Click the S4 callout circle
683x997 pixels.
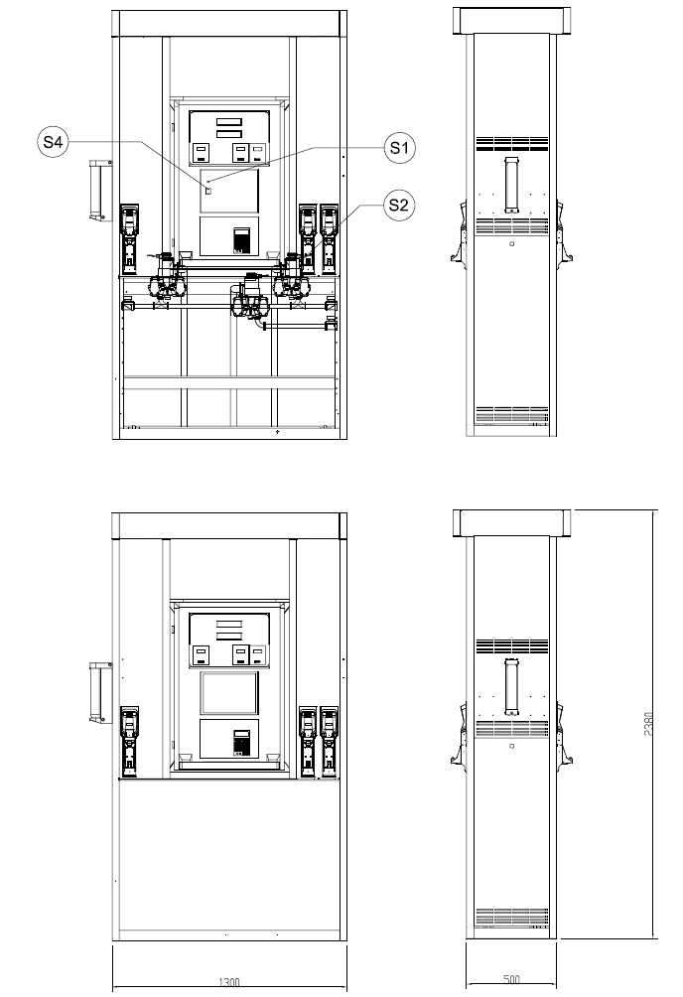coord(53,142)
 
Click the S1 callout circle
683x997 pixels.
coord(399,148)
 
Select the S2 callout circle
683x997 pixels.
coord(399,205)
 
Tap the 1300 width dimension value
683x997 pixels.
coord(229,982)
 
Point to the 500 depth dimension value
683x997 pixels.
coord(511,979)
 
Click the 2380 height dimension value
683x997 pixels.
coord(648,724)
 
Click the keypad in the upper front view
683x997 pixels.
coord(241,240)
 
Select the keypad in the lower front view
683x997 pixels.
coord(241,743)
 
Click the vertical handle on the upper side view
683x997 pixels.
coord(511,185)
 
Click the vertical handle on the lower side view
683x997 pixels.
coord(511,687)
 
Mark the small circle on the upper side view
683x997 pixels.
coord(512,243)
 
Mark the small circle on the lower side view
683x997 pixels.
coord(512,745)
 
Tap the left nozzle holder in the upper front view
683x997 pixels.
coord(130,239)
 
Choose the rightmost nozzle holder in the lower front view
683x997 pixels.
coord(329,742)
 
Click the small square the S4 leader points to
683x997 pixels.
coord(207,190)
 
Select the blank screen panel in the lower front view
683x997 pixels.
coord(229,693)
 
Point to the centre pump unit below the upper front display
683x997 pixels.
coord(252,298)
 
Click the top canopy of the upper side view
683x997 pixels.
coord(511,20)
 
